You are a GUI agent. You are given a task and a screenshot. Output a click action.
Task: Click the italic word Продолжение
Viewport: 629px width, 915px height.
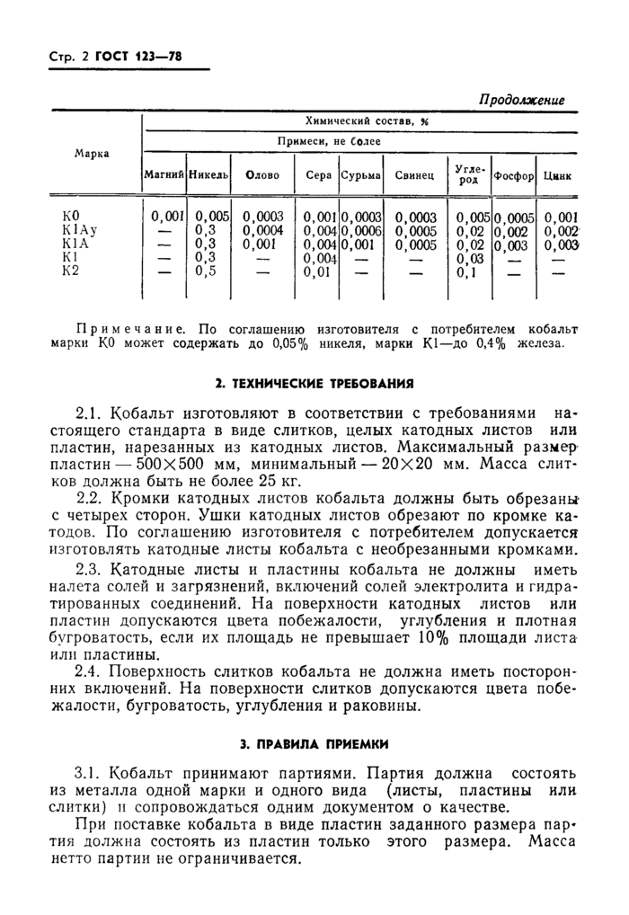[x=521, y=100]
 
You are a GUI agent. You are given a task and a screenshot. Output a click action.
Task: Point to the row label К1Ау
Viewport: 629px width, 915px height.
[x=75, y=230]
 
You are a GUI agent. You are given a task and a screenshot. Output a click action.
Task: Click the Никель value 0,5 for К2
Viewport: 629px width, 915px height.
[x=208, y=271]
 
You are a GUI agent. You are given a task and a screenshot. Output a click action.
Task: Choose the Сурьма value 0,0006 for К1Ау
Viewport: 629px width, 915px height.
[x=362, y=230]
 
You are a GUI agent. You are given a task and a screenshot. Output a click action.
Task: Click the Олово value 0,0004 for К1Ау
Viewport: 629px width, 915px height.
[x=262, y=230]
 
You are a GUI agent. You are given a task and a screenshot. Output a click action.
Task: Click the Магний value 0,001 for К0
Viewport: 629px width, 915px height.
[x=167, y=217]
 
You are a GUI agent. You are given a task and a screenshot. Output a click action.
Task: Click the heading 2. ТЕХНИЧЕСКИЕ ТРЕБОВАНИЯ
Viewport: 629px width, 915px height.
[x=314, y=383]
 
